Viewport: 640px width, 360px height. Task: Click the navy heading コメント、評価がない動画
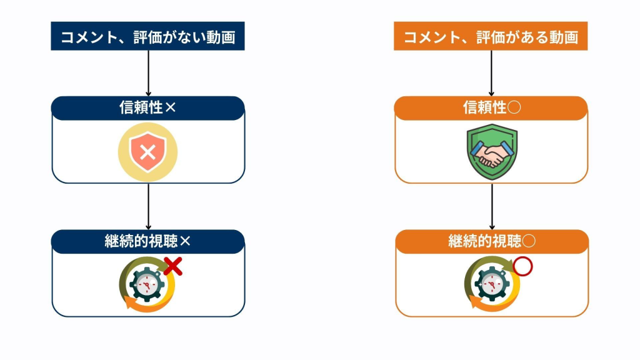coord(147,37)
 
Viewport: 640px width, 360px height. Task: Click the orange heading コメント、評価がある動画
coord(491,37)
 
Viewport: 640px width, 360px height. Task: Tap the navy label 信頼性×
coord(147,108)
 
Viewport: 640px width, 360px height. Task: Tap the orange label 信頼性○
coord(491,108)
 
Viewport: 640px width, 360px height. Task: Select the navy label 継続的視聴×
coord(147,242)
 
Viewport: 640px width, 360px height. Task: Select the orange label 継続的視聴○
coord(492,242)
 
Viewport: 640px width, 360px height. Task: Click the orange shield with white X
coord(147,151)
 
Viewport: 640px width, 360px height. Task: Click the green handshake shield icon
coord(492,152)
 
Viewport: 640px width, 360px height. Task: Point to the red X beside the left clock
coord(173,266)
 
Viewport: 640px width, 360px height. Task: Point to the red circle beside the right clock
coord(522,267)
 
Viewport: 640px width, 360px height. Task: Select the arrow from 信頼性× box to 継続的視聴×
coord(148,206)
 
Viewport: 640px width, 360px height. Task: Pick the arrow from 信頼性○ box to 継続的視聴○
coord(492,206)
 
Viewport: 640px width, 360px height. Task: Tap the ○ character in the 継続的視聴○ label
coord(529,242)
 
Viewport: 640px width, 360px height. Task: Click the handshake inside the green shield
coord(492,153)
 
